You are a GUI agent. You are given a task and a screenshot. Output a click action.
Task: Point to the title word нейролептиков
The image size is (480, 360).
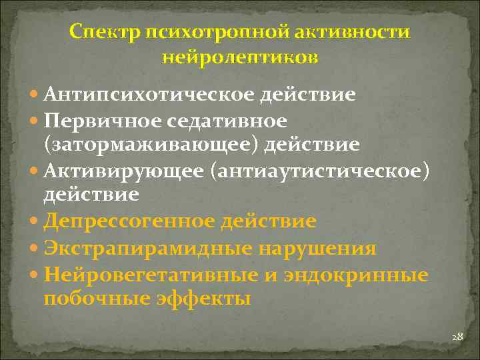tap(240, 57)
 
